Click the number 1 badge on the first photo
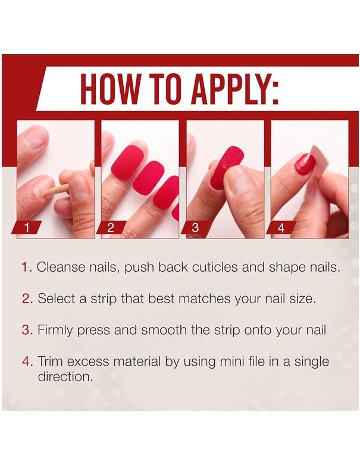tap(26, 227)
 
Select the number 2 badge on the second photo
tap(111, 227)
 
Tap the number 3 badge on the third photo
tap(196, 227)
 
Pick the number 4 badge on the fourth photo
tap(281, 227)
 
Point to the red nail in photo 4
tap(304, 163)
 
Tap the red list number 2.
tap(27, 299)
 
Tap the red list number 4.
tap(27, 362)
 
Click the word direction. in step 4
tap(65, 376)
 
